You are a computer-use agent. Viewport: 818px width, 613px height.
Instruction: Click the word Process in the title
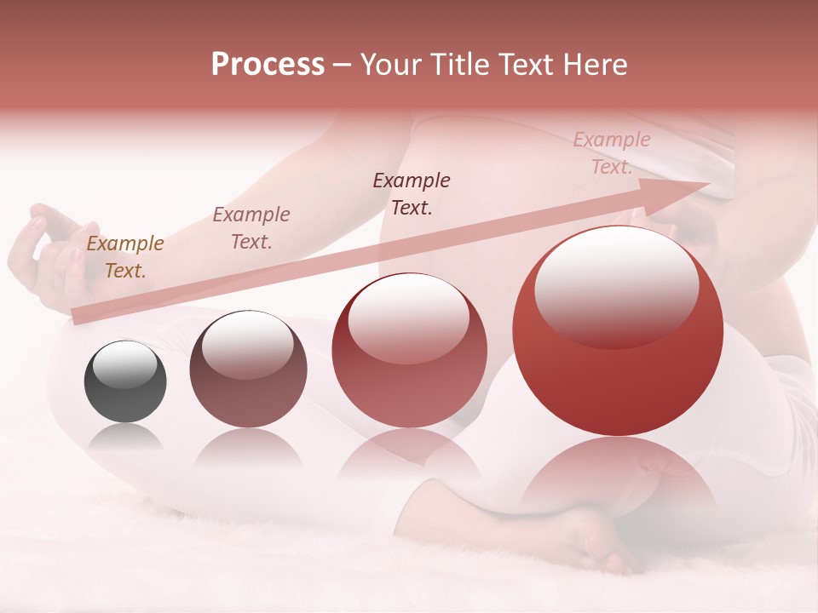[x=268, y=65]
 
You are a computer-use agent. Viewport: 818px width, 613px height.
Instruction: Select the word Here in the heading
[x=596, y=65]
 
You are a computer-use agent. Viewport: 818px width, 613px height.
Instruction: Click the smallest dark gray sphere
[x=125, y=381]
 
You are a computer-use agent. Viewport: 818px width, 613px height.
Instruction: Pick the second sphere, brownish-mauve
[x=248, y=369]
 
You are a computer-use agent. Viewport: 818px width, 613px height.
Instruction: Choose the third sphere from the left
[x=409, y=351]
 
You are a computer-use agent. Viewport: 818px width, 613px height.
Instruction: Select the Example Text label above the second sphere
[x=251, y=228]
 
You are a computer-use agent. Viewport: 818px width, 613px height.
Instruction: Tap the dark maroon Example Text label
[x=412, y=194]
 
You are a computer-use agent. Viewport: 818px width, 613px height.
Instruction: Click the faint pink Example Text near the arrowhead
[x=611, y=153]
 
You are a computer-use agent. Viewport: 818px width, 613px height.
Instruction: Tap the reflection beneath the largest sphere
[x=618, y=477]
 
